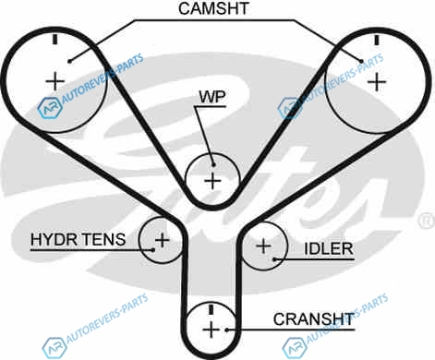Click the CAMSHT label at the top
tap(213, 8)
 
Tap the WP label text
tap(212, 97)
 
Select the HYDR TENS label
tap(79, 239)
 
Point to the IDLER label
tap(329, 248)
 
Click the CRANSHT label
tap(314, 319)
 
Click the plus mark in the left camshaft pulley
tap(55, 81)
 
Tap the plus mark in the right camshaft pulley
tap(377, 82)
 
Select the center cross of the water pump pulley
tap(212, 181)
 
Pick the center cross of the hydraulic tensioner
tap(163, 240)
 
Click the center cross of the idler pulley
tap(263, 246)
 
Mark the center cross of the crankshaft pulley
tap(211, 330)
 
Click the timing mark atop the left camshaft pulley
tap(55, 40)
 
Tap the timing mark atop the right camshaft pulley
tap(376, 41)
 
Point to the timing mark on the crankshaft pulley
tap(211, 309)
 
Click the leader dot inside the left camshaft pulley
tap(69, 61)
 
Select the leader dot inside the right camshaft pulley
tap(362, 61)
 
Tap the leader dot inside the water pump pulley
tap(213, 165)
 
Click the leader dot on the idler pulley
tap(274, 259)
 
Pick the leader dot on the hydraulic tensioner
tap(153, 250)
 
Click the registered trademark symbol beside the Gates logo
tap(427, 222)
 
